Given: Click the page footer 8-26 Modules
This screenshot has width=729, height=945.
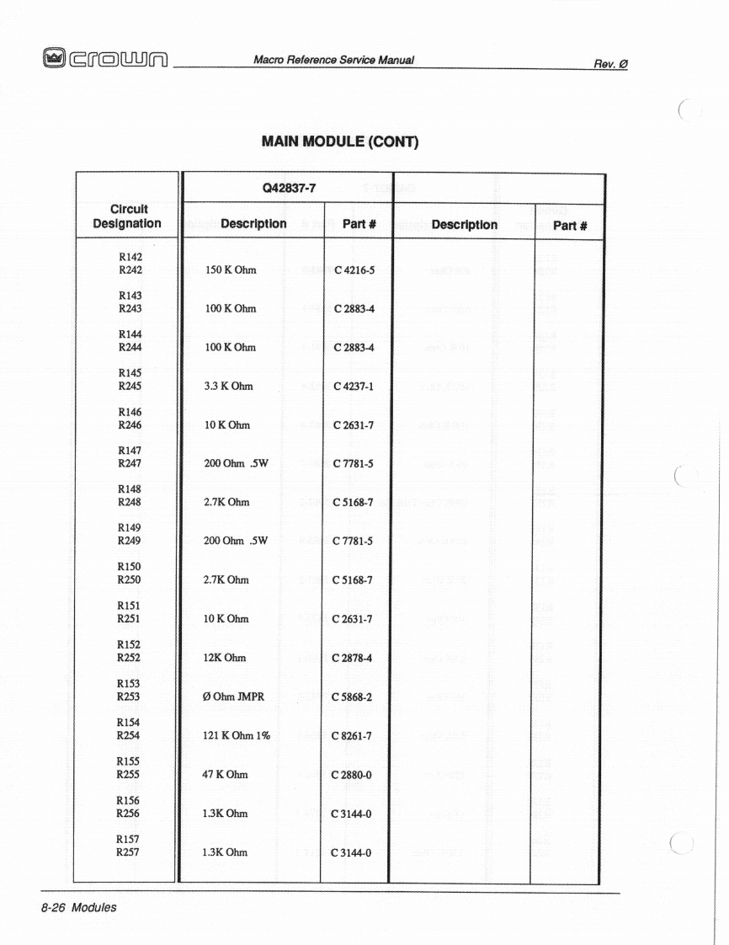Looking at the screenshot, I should point(77,907).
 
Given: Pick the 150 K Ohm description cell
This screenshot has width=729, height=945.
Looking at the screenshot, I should point(231,270).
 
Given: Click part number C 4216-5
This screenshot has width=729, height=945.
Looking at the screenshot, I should point(354,270).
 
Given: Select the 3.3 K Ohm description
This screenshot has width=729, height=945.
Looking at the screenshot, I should point(228,387).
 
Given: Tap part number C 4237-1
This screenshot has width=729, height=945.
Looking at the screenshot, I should point(354,387).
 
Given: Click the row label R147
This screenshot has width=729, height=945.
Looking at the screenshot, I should point(130,451).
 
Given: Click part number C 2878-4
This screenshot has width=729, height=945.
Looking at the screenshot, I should point(354,658).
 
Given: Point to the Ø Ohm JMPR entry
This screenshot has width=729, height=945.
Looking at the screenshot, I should point(234,697).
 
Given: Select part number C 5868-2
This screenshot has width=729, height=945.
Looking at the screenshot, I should point(354,697).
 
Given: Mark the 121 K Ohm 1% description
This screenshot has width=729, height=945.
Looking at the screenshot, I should point(237,735).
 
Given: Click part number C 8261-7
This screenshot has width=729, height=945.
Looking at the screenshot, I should point(354,735).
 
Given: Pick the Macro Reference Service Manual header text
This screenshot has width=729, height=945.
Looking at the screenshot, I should point(333,59).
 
